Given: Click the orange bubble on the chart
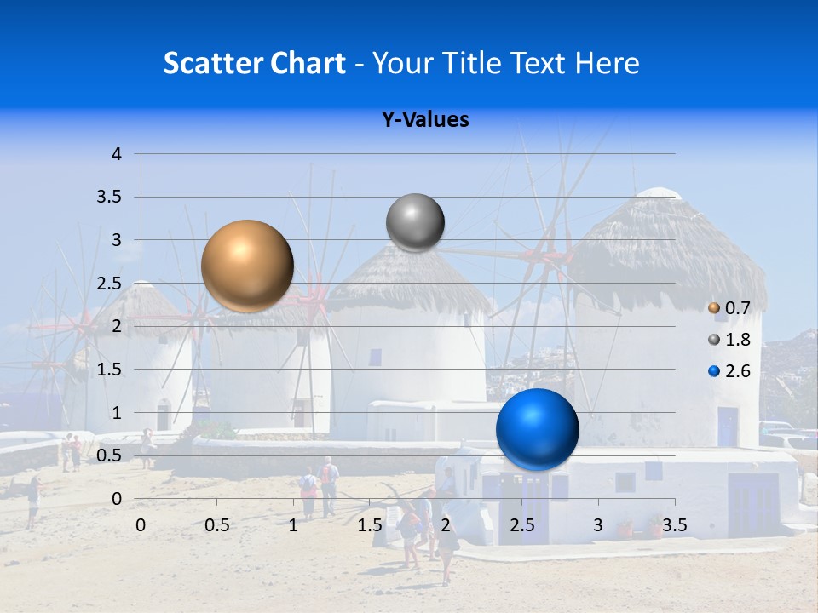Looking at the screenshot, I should (247, 266).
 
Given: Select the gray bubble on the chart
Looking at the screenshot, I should (415, 223).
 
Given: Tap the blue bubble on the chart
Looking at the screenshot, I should (537, 429).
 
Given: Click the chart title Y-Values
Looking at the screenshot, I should (425, 120).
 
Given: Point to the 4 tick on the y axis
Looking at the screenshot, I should (118, 154).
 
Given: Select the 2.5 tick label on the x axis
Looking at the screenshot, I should (521, 525).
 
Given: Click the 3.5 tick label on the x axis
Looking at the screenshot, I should (674, 525).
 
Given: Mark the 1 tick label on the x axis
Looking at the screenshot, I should (293, 525).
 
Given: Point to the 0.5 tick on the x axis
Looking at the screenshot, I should (217, 525).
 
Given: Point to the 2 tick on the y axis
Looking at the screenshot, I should (118, 326).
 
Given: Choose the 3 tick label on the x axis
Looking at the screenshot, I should (597, 525).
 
